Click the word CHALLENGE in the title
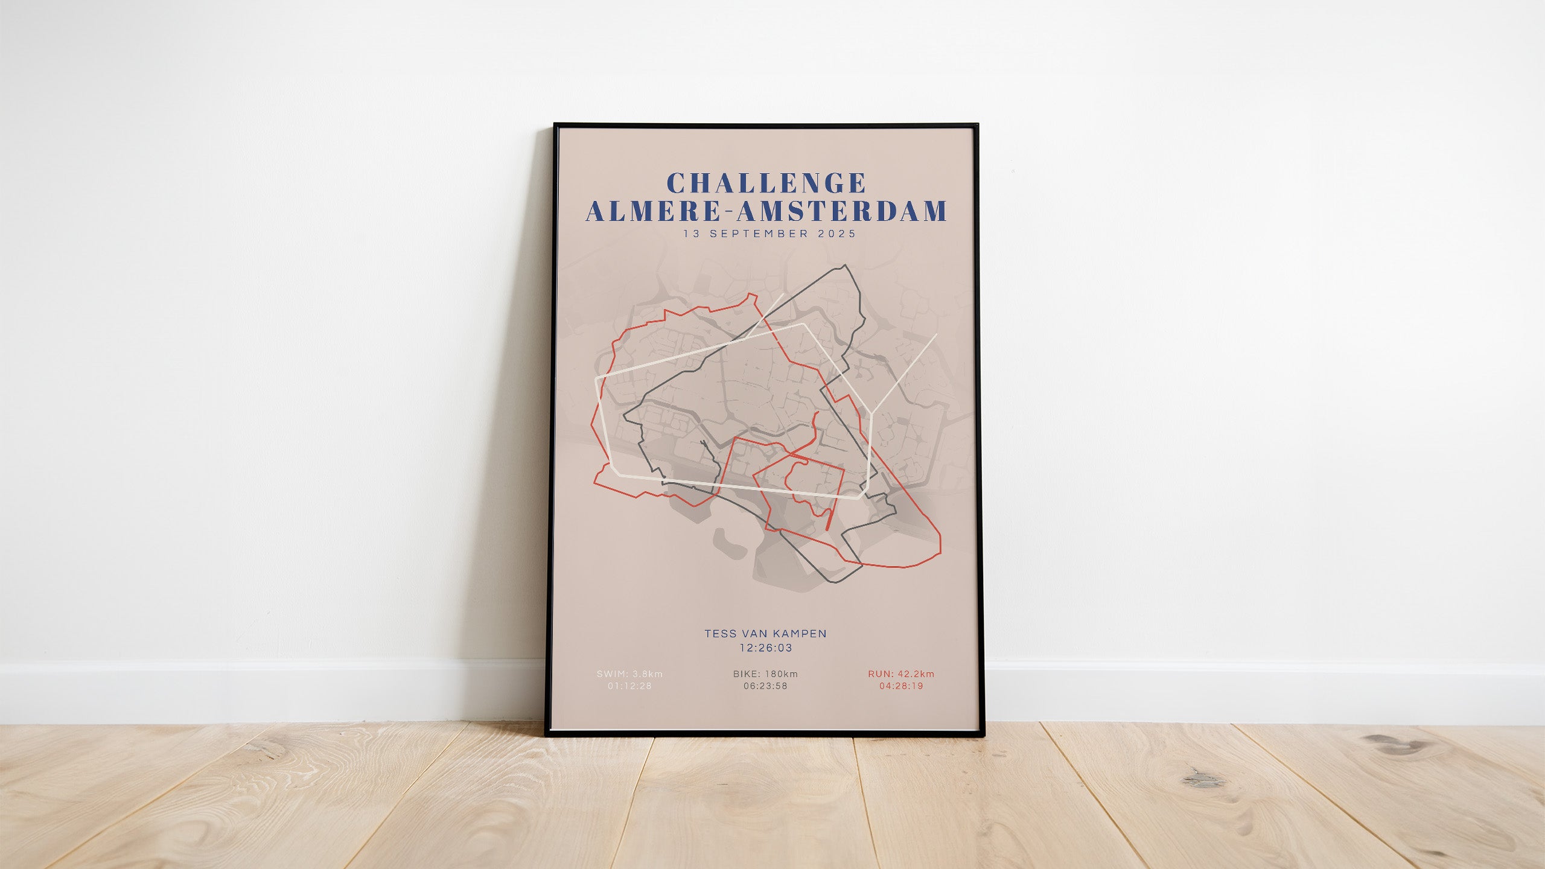[766, 183]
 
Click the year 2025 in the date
[837, 234]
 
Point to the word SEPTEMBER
[759, 234]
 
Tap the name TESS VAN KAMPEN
[765, 634]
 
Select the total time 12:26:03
[765, 648]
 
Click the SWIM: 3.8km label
[629, 674]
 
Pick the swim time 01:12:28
[629, 686]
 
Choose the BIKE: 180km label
[765, 674]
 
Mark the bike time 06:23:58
[765, 686]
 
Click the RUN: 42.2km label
[901, 674]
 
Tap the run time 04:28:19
[901, 686]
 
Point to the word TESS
[719, 634]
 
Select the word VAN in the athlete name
[754, 634]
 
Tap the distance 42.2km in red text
[916, 674]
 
